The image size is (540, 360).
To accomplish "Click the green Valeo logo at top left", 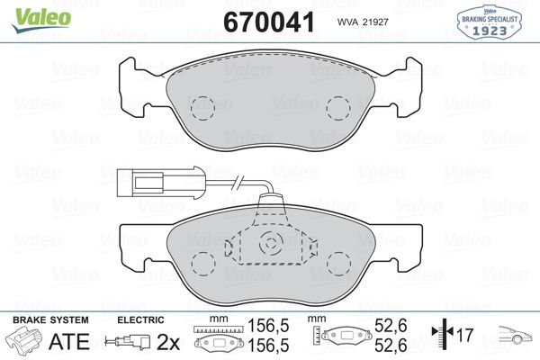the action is tap(41, 20).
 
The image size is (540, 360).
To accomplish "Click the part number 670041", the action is tap(269, 22).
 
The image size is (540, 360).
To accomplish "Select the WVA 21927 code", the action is tap(363, 22).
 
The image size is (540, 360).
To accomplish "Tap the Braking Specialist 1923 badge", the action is tap(489, 22).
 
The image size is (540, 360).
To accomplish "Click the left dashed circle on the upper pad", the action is tap(202, 108).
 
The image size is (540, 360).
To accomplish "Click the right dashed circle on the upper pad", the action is tap(338, 108).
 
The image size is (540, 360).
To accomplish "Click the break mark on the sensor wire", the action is tap(238, 182).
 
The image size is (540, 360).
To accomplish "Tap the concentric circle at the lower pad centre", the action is tap(271, 243).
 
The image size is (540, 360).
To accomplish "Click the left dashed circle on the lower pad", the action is tap(203, 264).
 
